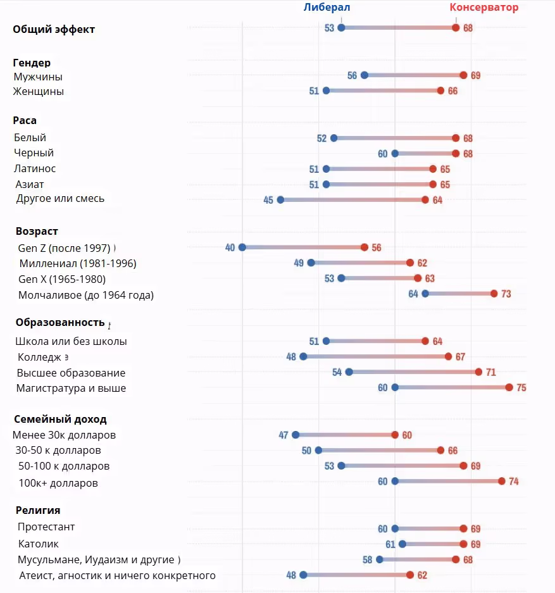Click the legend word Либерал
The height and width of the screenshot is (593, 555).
pos(326,8)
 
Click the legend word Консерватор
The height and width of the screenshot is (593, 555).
pos(483,8)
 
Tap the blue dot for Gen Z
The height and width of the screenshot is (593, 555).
pos(242,247)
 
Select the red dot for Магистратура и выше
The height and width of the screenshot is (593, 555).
pos(509,387)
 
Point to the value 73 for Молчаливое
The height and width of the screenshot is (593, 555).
pos(506,294)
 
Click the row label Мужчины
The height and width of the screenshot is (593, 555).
pos(39,77)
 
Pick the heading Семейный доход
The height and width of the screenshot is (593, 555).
pos(60,419)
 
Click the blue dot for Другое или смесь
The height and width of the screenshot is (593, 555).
pos(280,199)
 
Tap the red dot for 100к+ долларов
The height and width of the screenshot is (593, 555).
pos(501,481)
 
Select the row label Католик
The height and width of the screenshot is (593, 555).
pos(39,544)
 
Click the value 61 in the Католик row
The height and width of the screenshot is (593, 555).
pos(390,544)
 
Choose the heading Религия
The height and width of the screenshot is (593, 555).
pos(38,510)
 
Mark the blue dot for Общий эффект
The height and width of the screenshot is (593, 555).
pos(342,27)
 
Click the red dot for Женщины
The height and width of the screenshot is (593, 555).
pos(440,91)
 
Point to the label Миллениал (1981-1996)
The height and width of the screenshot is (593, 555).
pos(78,263)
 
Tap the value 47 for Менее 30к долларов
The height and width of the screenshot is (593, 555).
pos(284,435)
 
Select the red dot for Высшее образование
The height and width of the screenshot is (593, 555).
pos(478,372)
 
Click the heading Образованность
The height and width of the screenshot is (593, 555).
pos(60,322)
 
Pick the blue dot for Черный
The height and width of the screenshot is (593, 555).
pos(395,153)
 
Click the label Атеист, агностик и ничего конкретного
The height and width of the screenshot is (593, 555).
pos(117,575)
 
